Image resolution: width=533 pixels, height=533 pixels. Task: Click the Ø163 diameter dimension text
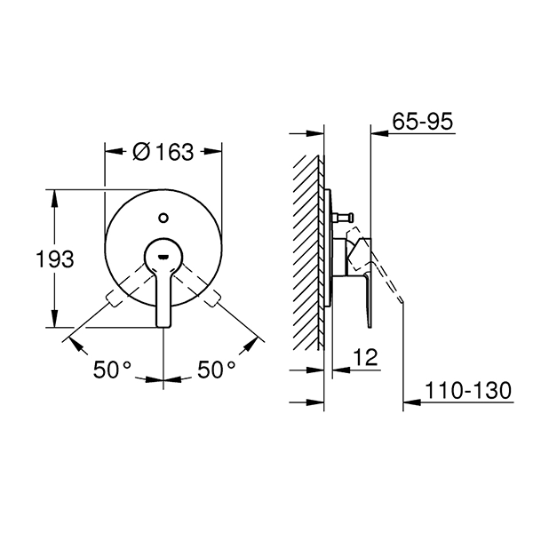coord(163,152)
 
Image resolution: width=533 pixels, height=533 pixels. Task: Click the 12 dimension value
coord(365,356)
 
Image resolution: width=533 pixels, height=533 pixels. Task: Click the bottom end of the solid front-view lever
coord(163,325)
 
